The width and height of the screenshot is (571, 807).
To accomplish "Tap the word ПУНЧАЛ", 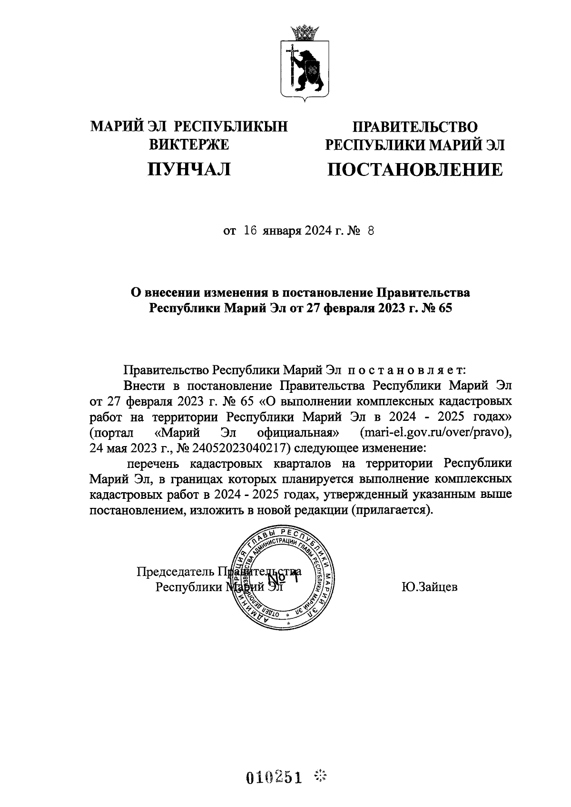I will pyautogui.click(x=189, y=169).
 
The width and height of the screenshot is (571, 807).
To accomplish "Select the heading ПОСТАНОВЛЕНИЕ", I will pyautogui.click(x=414, y=169).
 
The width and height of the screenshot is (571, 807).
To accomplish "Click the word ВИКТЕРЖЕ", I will pyautogui.click(x=189, y=145).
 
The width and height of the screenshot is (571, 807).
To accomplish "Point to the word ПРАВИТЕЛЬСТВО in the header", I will pyautogui.click(x=414, y=126).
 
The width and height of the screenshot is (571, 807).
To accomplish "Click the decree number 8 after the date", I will pyautogui.click(x=371, y=231).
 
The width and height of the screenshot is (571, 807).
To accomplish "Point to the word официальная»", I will pyautogui.click(x=297, y=433).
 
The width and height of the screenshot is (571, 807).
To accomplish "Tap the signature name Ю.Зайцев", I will pyautogui.click(x=430, y=587).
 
